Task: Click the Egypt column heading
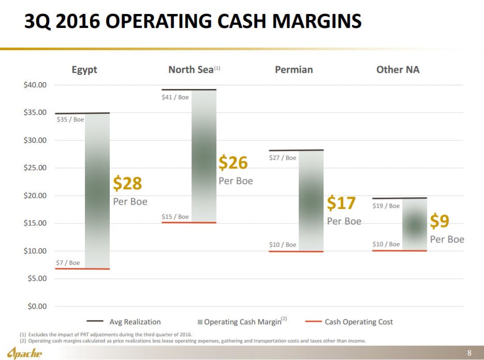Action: (84, 69)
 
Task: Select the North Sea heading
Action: (191, 69)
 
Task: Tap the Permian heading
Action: (294, 69)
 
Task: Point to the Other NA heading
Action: (398, 69)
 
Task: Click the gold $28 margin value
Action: (127, 184)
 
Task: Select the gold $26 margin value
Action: (233, 163)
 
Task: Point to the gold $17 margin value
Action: (341, 203)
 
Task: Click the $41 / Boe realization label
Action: (175, 98)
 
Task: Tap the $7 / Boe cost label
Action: (68, 263)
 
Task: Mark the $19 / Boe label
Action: (386, 206)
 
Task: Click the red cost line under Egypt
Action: (82, 269)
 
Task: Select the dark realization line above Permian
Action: (296, 150)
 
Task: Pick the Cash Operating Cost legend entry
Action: (358, 322)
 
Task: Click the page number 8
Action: (469, 353)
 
